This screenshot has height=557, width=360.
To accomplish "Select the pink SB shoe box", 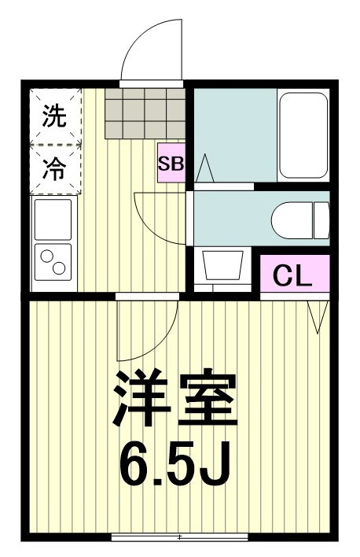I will [171, 164].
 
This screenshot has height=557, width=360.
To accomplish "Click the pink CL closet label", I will [292, 275].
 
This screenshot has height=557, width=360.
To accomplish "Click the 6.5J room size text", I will [175, 466].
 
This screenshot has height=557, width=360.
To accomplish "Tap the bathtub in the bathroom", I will [303, 135].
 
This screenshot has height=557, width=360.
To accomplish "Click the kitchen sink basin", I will [52, 219].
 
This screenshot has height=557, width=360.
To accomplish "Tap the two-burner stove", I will [52, 262].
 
